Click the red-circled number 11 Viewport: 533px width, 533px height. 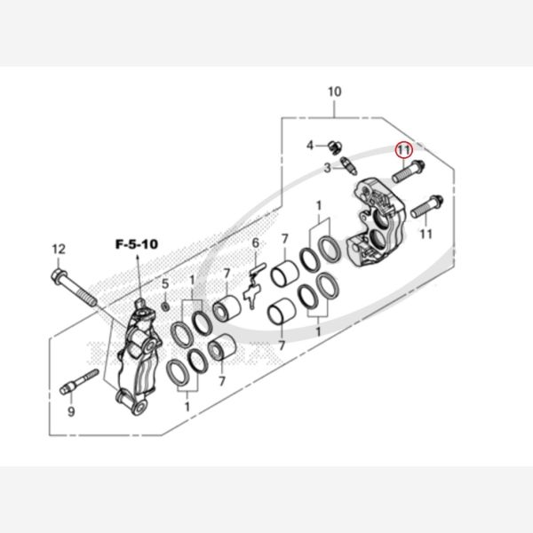click(x=403, y=149)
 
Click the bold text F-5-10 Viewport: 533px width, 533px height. click(x=137, y=244)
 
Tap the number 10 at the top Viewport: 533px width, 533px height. click(x=335, y=91)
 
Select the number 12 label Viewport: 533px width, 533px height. click(x=59, y=249)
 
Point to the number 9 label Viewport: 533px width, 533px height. click(x=71, y=411)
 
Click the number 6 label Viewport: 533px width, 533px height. click(x=255, y=243)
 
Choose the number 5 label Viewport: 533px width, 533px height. click(x=165, y=283)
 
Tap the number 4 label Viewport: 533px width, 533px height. click(x=310, y=146)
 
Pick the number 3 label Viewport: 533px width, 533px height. click(x=327, y=168)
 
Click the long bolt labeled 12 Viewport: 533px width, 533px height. click(x=74, y=287)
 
